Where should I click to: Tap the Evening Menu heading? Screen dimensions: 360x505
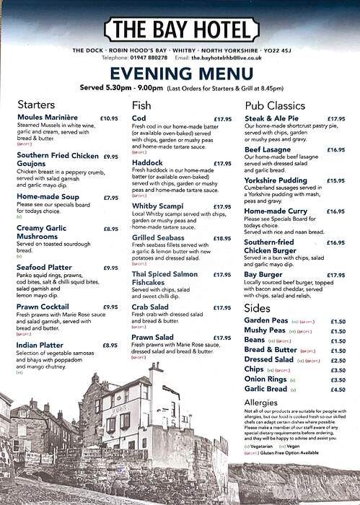pos(180,74)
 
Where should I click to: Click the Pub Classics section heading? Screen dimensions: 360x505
pos(275,105)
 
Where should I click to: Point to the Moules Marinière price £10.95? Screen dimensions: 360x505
pos(109,118)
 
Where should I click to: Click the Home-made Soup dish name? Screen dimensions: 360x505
pos(48,196)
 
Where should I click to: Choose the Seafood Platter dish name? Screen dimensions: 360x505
pos(46,268)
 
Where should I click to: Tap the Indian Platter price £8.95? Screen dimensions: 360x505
pos(110,345)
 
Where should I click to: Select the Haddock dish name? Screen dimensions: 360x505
pos(147,163)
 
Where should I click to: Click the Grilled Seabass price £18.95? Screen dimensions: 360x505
pos(222,237)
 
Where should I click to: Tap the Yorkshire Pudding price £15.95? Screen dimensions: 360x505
pos(335,181)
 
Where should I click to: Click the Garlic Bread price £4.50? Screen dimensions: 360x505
pos(338,390)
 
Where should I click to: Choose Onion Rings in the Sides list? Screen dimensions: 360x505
pos(265,379)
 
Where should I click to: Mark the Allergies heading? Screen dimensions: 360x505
pos(260,403)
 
